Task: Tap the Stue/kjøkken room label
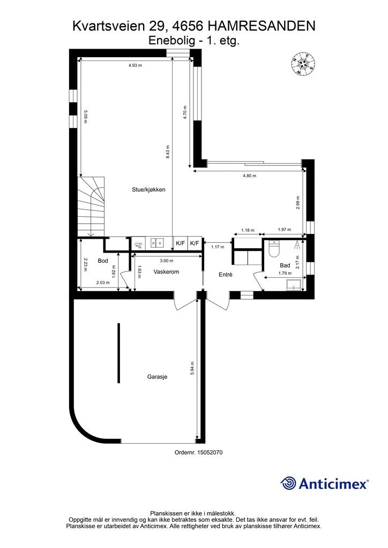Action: (x=148, y=190)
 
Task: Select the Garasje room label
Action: (x=157, y=377)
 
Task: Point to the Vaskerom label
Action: (x=166, y=271)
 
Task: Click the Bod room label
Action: (x=103, y=261)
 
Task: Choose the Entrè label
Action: (x=226, y=275)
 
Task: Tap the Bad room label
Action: (x=285, y=265)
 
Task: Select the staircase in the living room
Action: (x=91, y=207)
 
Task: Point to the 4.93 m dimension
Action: (x=135, y=65)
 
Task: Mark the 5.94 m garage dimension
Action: (x=192, y=368)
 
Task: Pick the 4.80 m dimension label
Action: (x=249, y=176)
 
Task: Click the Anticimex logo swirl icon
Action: (x=288, y=483)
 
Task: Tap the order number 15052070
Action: (x=210, y=452)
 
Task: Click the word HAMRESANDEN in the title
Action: (x=262, y=26)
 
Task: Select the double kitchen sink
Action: (x=158, y=242)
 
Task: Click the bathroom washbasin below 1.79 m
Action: (x=294, y=285)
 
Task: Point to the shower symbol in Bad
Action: (x=297, y=244)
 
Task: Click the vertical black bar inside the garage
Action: (x=119, y=353)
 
